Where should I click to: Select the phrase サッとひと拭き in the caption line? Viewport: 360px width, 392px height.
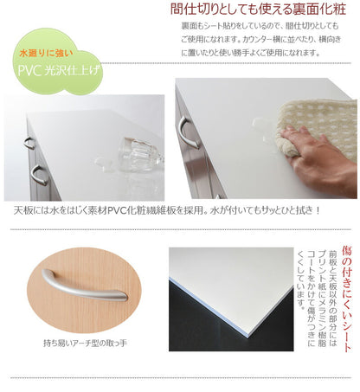point(290,210)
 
